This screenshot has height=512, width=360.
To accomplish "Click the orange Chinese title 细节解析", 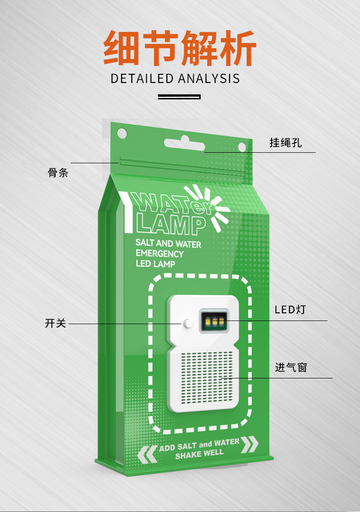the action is click(180, 48).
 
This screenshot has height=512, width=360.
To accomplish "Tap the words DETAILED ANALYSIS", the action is click(175, 78).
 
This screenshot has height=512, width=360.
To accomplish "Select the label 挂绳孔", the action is click(286, 143).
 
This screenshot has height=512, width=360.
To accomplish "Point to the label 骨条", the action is click(58, 173).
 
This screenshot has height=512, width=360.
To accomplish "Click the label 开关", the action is click(56, 324).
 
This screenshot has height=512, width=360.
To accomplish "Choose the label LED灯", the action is click(290, 310).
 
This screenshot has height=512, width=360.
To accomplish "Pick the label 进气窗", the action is click(291, 367).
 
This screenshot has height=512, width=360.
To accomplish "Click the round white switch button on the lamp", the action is click(188, 324).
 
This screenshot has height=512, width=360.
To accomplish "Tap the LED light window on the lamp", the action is click(213, 321).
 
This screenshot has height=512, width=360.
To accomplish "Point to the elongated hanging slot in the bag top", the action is click(185, 145).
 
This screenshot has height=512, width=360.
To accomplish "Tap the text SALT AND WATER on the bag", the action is click(168, 244).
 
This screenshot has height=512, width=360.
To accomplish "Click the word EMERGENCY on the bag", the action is click(159, 254).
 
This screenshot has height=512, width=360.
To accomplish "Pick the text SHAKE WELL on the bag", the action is click(199, 454).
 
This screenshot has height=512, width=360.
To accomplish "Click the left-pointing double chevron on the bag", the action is click(147, 453).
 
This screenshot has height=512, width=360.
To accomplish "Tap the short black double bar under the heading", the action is click(179, 97).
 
